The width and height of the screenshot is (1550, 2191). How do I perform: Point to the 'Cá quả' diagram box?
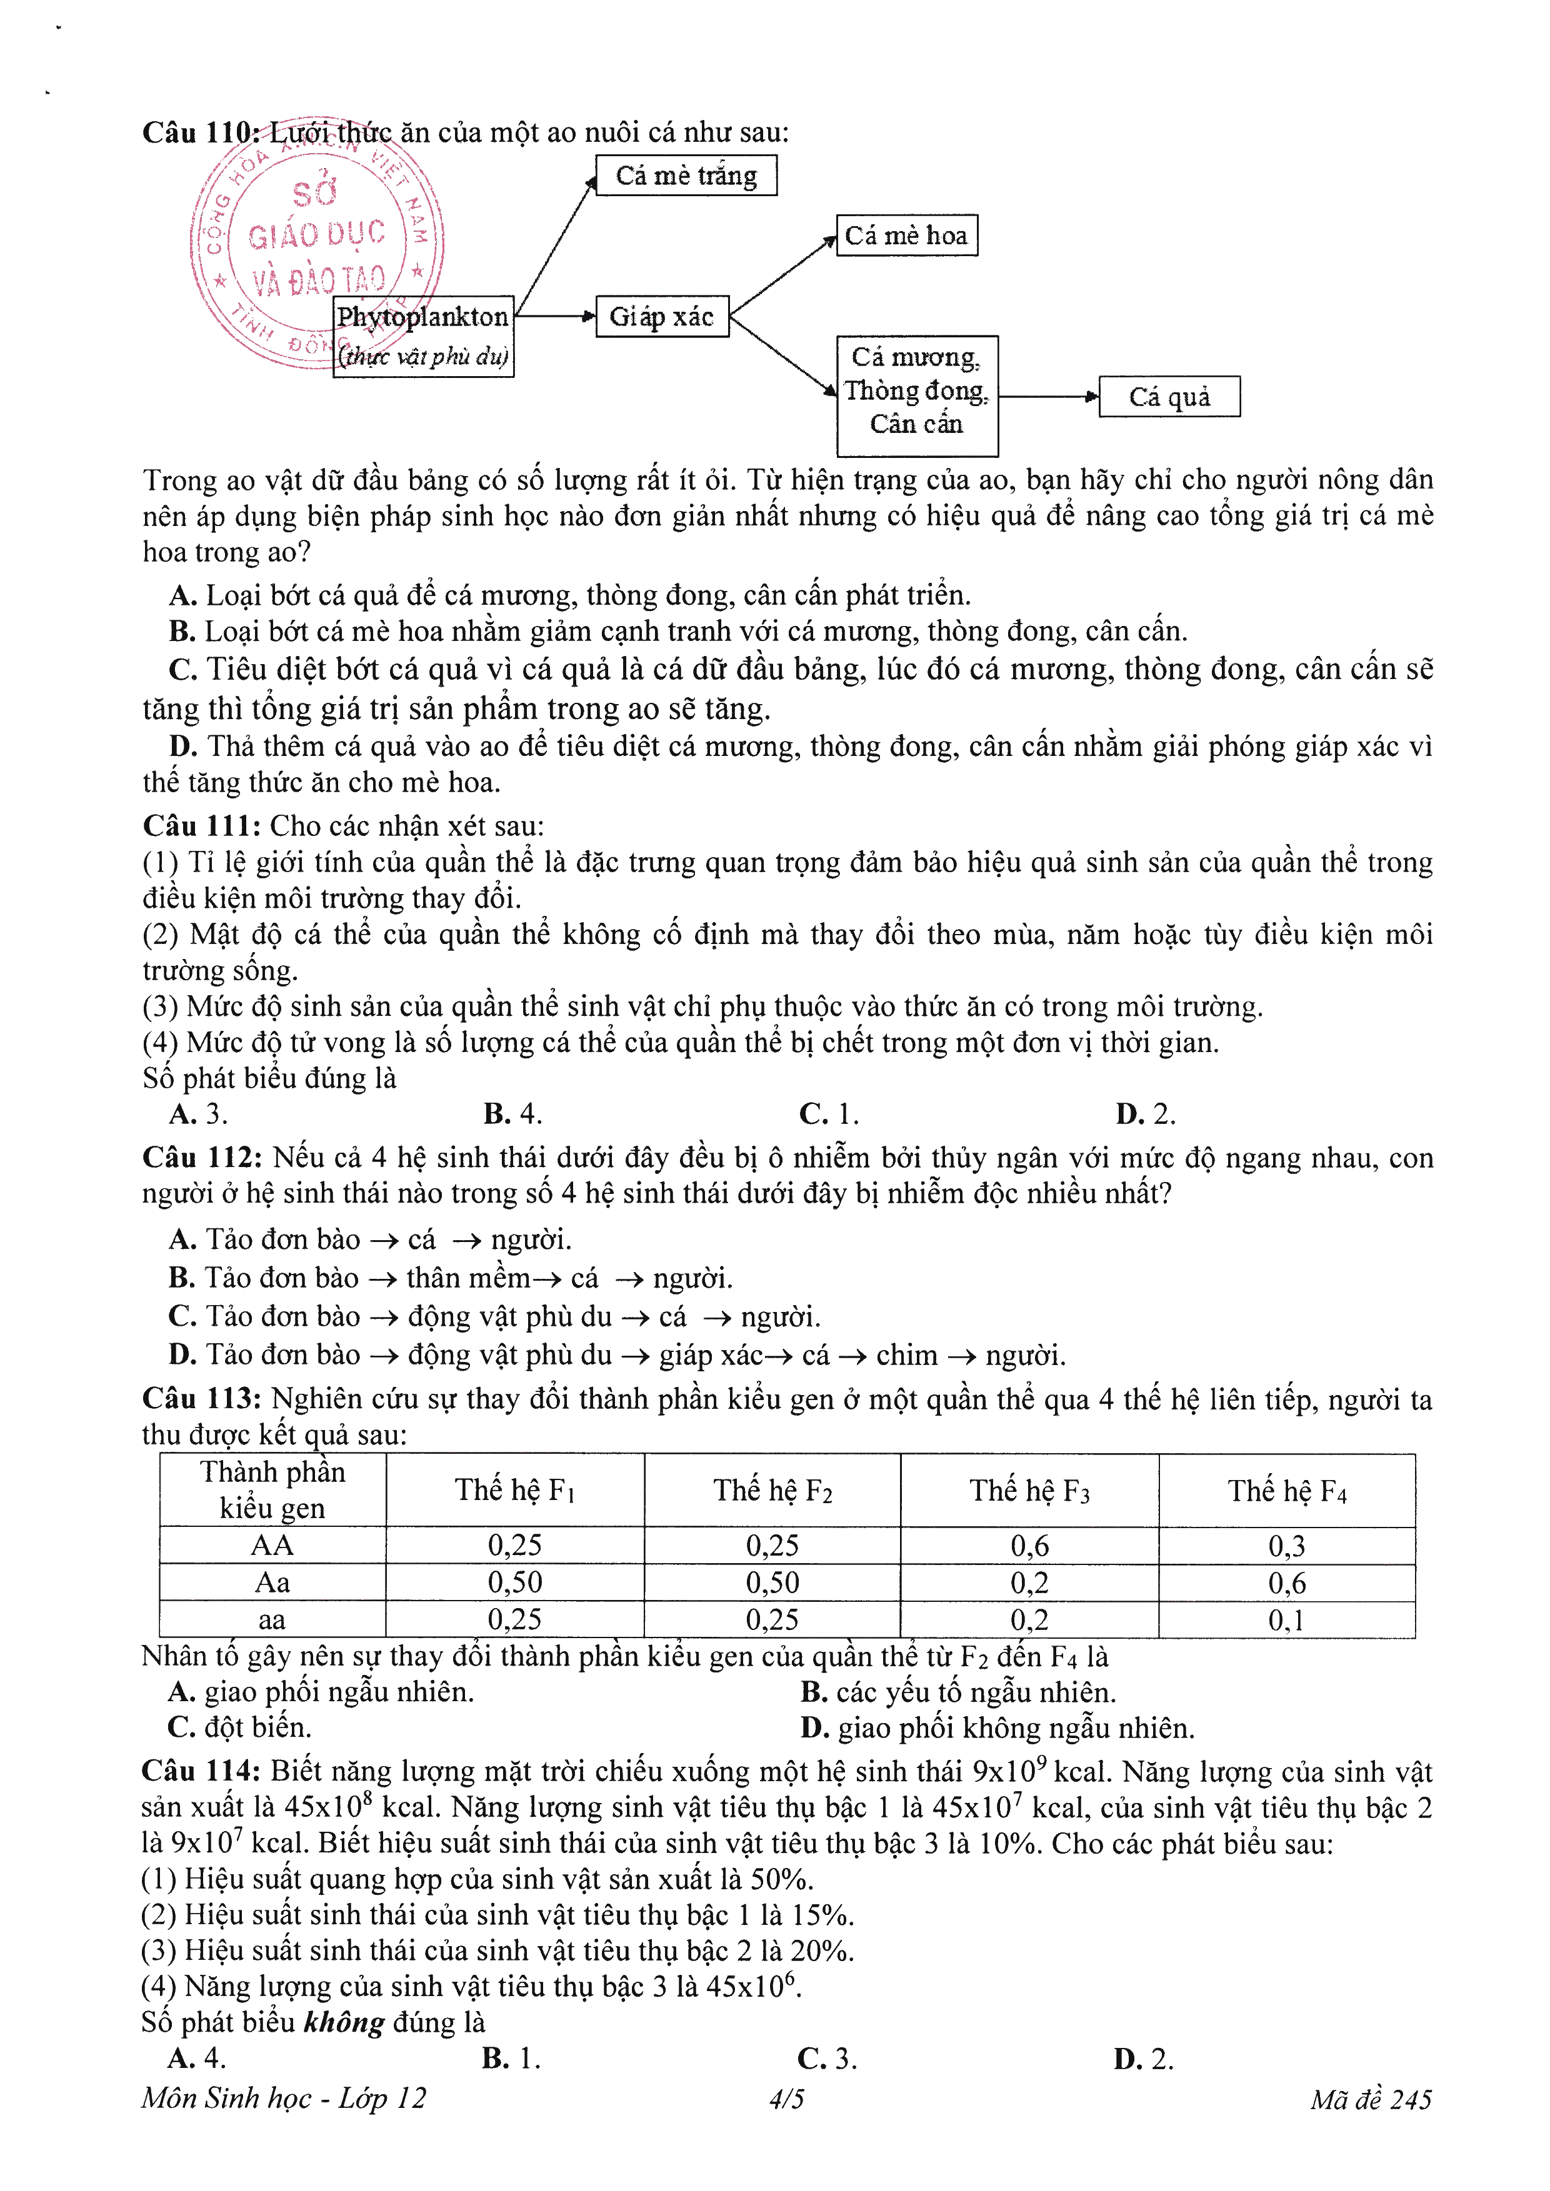point(1169,397)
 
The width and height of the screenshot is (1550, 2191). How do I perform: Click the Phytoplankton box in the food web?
point(423,337)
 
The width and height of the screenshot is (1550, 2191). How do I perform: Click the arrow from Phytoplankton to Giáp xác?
point(554,316)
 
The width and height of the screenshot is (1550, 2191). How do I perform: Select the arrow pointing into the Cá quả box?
point(1048,397)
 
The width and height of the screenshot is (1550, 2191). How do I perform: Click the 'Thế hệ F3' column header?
point(1029,1491)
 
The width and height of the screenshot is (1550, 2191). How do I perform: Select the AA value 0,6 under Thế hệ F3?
point(1029,1546)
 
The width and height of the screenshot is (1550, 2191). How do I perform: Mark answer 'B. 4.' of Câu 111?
point(512,1114)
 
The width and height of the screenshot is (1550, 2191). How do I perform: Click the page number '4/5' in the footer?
point(786,2099)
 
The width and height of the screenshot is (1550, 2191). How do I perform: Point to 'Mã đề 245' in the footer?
point(1371,2099)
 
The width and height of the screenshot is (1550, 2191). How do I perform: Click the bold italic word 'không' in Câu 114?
point(344,2022)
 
